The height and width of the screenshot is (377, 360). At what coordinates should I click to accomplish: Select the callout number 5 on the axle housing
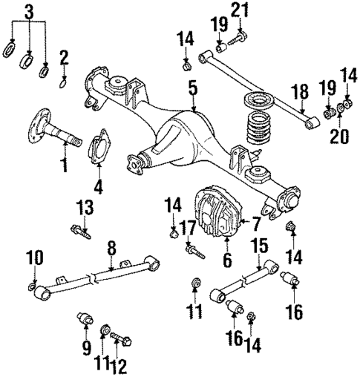(192, 89)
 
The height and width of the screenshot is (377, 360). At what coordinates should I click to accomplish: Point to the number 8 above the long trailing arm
(112, 248)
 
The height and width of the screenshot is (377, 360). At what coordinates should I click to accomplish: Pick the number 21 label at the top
(237, 10)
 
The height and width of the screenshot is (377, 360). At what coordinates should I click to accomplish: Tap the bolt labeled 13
(81, 232)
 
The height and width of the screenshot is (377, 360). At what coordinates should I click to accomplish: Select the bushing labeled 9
(85, 322)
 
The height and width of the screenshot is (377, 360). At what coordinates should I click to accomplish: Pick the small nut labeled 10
(31, 285)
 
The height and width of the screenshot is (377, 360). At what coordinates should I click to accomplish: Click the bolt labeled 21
(240, 34)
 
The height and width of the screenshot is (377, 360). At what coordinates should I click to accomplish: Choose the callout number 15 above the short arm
(258, 244)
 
